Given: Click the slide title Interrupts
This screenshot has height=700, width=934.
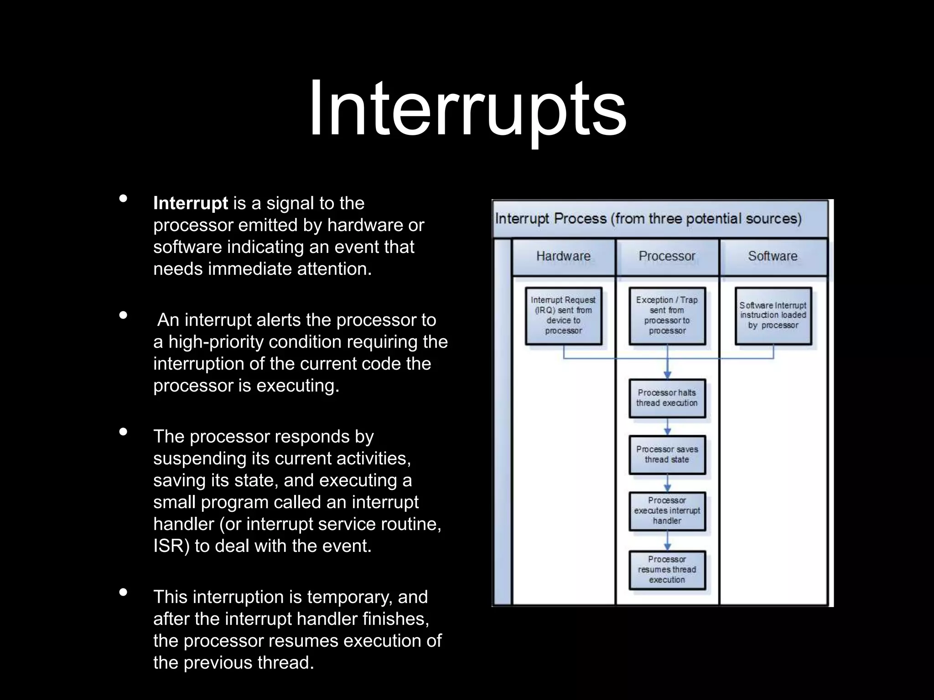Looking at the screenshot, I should click(x=467, y=108).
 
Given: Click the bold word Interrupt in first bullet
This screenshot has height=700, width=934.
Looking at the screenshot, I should click(x=190, y=203).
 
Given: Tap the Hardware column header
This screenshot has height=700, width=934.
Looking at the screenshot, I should click(x=563, y=256).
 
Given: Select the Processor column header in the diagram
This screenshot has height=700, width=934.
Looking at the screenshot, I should click(x=667, y=256).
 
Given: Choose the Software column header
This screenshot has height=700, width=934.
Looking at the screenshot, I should click(x=773, y=256).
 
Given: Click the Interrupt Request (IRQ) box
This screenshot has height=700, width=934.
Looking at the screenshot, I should click(x=563, y=315).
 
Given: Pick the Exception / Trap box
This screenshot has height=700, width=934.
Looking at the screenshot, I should click(x=667, y=315).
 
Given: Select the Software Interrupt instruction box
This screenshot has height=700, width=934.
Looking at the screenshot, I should click(x=773, y=315).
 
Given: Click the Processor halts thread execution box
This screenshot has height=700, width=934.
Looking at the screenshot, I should click(x=667, y=398).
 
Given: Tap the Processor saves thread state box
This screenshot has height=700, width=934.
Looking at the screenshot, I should click(x=667, y=454).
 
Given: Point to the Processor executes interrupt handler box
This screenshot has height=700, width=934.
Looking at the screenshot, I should click(x=667, y=511).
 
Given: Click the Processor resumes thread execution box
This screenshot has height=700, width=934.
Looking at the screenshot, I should click(x=667, y=570).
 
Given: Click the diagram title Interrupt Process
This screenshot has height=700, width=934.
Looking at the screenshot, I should click(x=648, y=219).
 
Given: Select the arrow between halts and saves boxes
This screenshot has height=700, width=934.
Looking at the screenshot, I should click(x=667, y=427).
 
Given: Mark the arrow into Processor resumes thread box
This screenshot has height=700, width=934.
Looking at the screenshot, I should click(x=667, y=541).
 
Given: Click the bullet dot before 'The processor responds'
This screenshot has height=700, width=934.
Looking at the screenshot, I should click(x=123, y=432).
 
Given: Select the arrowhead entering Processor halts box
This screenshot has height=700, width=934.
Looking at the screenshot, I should click(x=667, y=375).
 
